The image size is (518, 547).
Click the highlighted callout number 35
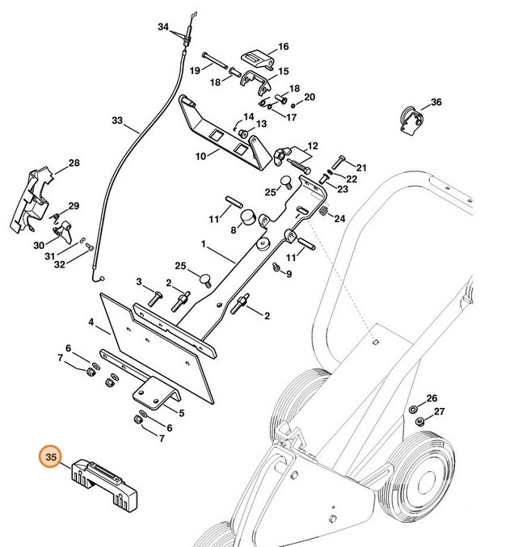51,457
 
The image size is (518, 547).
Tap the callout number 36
436,103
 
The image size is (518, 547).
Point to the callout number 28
74,163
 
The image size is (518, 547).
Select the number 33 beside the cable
117,121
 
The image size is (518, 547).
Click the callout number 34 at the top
163,27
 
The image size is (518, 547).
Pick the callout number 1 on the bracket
204,243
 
